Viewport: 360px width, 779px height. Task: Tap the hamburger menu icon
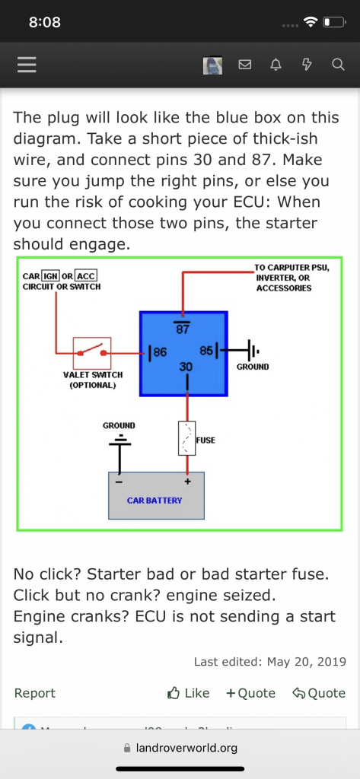(27, 65)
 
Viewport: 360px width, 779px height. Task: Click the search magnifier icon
(338, 65)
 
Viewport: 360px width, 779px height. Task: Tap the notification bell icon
(276, 65)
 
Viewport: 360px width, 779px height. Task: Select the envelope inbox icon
(245, 65)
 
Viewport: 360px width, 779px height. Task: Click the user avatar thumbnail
(212, 65)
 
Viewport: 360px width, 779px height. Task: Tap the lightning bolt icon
(307, 65)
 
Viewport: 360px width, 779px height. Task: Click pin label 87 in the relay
(183, 329)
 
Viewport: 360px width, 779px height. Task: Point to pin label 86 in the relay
(160, 352)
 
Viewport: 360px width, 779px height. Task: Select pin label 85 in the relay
(206, 351)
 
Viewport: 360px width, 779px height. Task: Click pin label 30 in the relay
(186, 367)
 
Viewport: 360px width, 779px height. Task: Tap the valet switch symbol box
(92, 353)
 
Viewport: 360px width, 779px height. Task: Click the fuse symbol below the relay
(187, 439)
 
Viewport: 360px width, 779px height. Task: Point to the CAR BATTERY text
(155, 501)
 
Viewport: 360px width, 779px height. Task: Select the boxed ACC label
(86, 275)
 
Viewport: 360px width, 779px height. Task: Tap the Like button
(189, 693)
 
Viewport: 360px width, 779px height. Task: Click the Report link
(35, 693)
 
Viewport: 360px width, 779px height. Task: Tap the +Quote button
(250, 693)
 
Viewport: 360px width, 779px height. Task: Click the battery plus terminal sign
(188, 482)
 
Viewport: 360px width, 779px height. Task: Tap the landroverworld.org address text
(186, 748)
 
